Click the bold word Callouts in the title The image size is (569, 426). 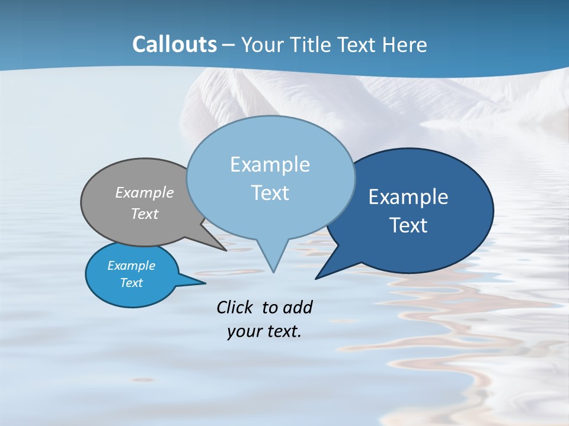pyautogui.click(x=174, y=44)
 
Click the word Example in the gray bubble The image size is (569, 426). pyautogui.click(x=145, y=192)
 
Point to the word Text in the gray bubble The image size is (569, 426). pyautogui.click(x=145, y=214)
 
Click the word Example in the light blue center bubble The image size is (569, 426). pyautogui.click(x=270, y=164)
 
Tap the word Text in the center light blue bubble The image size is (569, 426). pyautogui.click(x=270, y=193)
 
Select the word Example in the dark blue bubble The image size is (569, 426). pyautogui.click(x=408, y=197)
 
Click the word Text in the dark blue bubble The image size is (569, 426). pyautogui.click(x=408, y=225)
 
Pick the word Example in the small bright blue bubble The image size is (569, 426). pyautogui.click(x=132, y=266)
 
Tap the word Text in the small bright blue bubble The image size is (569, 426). pyautogui.click(x=132, y=283)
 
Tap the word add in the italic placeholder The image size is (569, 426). pyautogui.click(x=298, y=307)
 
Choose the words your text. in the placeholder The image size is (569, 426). pyautogui.click(x=264, y=331)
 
